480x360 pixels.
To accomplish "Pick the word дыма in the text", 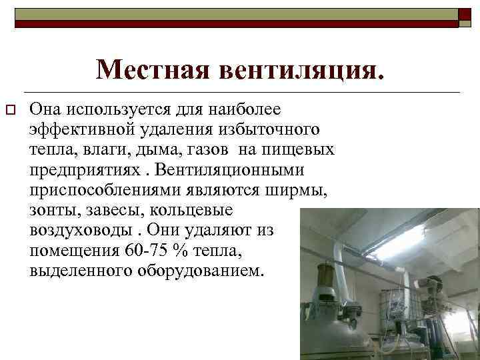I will tap(175, 147).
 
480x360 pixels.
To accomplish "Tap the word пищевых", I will tap(303, 147).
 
